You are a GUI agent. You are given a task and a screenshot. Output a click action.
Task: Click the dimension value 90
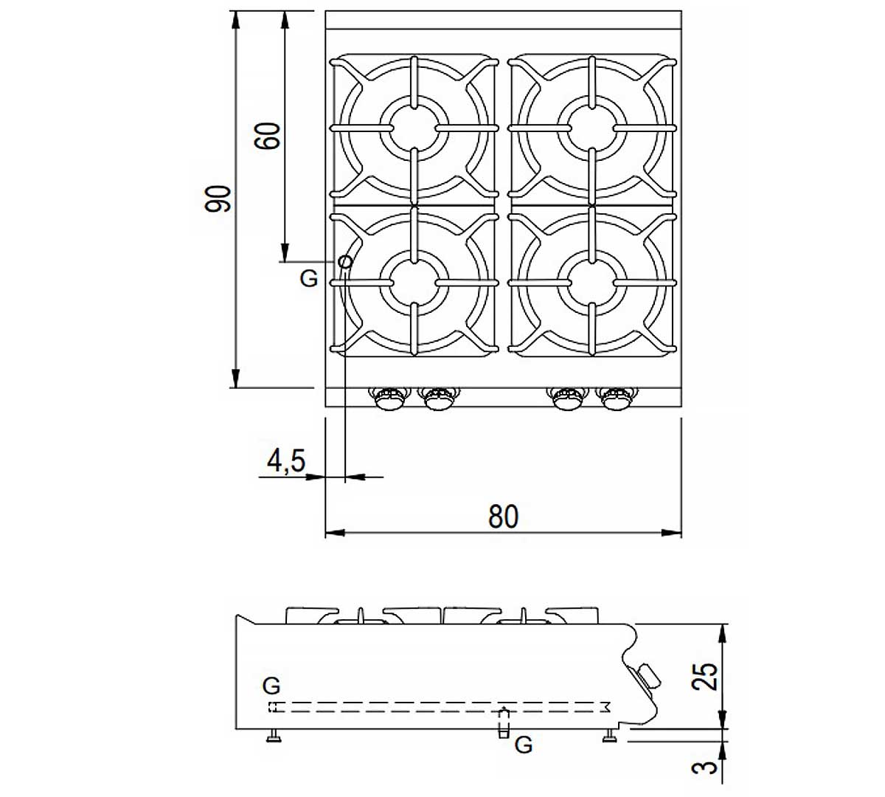point(218,199)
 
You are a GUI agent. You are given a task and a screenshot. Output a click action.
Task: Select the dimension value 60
point(268,136)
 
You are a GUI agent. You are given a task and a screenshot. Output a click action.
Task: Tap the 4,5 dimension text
point(286,460)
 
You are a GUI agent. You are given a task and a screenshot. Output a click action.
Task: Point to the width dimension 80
point(504,517)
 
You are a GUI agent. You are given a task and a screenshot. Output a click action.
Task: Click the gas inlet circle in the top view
point(345,262)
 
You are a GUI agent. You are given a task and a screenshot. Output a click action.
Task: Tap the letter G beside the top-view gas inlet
point(308,279)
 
